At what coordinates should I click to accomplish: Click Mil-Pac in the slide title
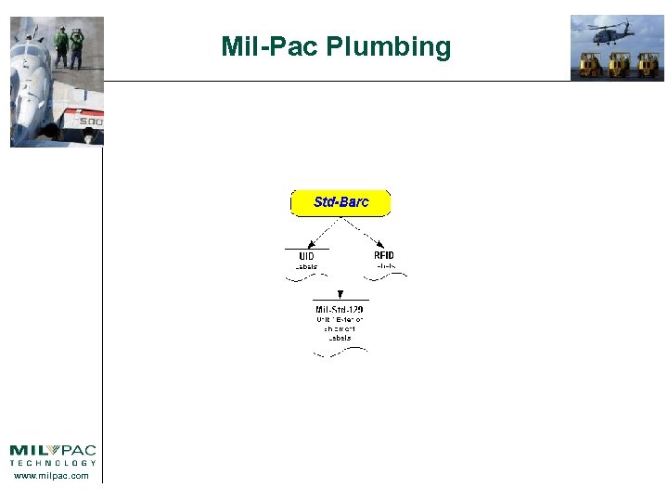click(x=269, y=46)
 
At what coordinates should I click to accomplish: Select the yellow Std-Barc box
click(x=340, y=202)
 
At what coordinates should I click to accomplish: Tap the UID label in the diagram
click(x=306, y=256)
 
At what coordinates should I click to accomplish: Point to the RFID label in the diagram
click(x=383, y=255)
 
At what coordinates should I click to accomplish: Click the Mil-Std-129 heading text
click(x=340, y=309)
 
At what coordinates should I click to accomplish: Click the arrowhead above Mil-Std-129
click(x=340, y=294)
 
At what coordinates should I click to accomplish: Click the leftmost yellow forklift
click(x=589, y=64)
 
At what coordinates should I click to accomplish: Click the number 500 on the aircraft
click(x=90, y=122)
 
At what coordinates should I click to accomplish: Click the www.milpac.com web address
click(x=53, y=476)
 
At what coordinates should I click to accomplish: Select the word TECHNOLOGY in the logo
click(x=53, y=462)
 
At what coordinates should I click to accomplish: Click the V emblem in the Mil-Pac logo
click(x=52, y=450)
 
